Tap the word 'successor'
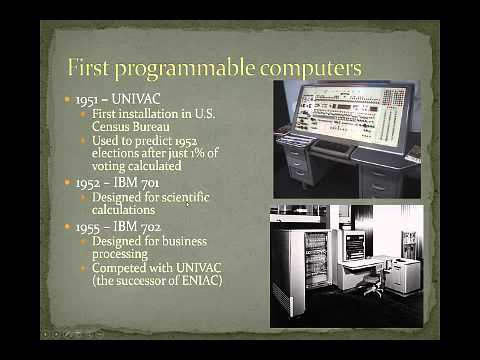(x=147, y=283)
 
